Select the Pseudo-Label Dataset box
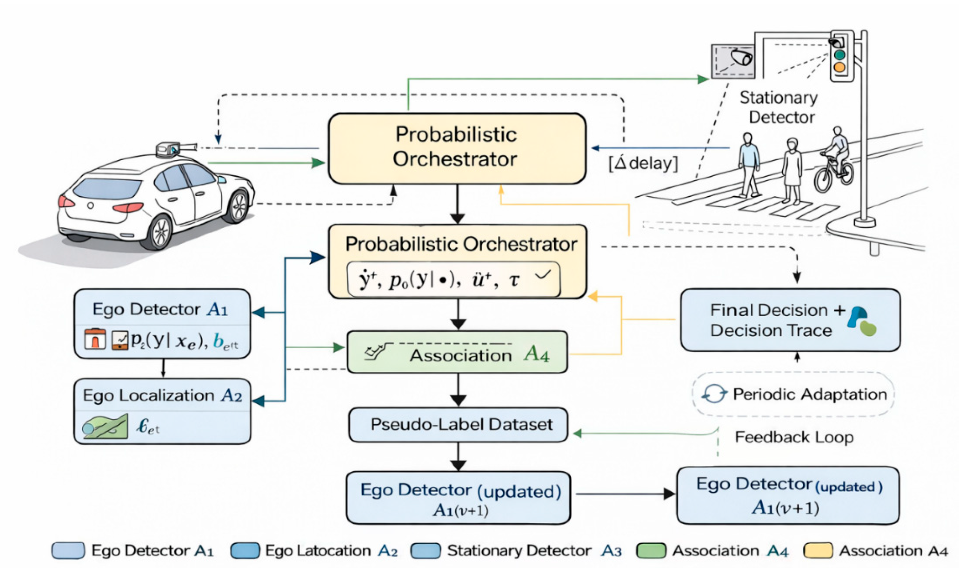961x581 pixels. (x=458, y=425)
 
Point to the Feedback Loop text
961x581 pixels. (x=794, y=437)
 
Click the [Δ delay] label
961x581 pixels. (x=643, y=163)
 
